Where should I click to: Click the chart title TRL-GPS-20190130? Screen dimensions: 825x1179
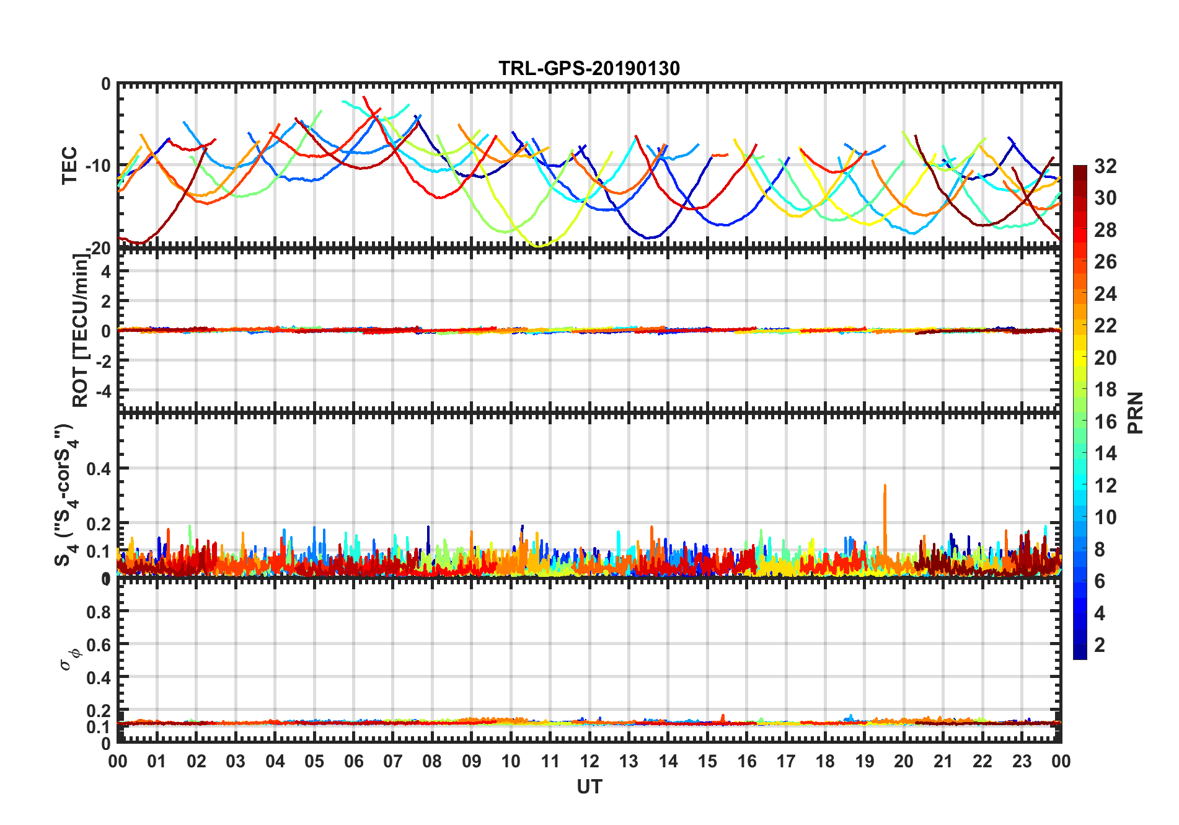[589, 68]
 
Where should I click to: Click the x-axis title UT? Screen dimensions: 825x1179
[589, 787]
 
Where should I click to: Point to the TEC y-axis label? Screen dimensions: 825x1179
[69, 165]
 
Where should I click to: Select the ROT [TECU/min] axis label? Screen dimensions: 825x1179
[81, 330]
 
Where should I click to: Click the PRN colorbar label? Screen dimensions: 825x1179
[1136, 412]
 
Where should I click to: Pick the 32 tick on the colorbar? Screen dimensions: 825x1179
[1105, 166]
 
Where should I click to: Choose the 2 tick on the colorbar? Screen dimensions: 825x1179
[1100, 645]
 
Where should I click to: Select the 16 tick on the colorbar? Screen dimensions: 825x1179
[1105, 422]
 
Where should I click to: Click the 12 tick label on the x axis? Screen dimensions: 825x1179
[589, 761]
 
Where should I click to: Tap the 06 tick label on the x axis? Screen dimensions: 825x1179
[353, 761]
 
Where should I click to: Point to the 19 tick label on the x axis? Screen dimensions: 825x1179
[864, 761]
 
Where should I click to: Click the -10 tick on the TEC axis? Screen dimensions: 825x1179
[98, 166]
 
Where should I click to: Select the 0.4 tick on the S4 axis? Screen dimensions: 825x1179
[99, 469]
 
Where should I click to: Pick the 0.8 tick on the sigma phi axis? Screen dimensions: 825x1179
[99, 612]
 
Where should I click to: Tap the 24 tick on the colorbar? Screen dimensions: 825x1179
[1105, 294]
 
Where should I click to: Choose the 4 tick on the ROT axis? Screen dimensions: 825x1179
[105, 271]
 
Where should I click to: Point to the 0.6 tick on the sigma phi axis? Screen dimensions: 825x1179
[99, 644]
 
